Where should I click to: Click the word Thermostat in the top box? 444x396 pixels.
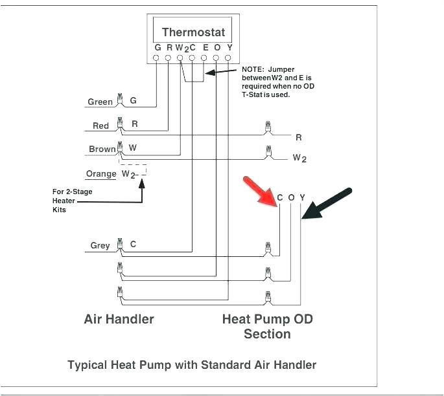(193, 32)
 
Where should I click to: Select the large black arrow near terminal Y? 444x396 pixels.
(327, 204)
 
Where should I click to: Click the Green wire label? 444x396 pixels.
(100, 102)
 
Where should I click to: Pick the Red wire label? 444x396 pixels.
(100, 126)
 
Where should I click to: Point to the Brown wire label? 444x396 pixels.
(102, 149)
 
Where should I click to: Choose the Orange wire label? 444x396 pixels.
(100, 173)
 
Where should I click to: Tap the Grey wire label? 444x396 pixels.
(100, 245)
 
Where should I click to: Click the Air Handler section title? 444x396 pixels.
(119, 319)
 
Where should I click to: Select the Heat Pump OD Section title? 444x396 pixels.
(267, 326)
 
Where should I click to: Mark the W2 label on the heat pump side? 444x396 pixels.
(299, 158)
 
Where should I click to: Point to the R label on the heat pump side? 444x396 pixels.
(298, 137)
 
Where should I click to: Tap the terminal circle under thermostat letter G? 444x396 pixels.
(156, 58)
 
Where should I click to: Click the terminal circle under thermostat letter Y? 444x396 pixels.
(228, 58)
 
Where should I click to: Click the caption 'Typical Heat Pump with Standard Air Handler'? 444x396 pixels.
(192, 365)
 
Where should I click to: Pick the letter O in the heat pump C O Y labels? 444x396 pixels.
(291, 197)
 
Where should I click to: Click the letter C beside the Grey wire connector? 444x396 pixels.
(133, 244)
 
